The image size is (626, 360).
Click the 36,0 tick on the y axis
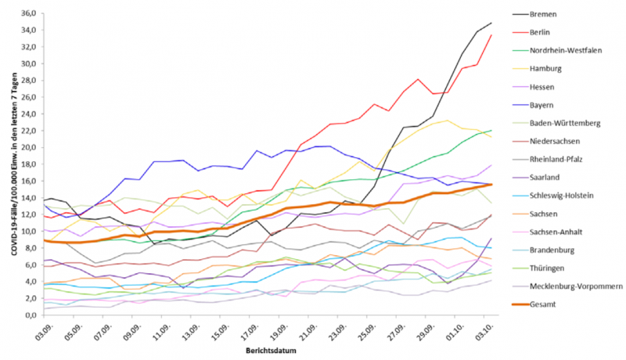click(31, 13)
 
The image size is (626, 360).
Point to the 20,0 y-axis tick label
click(31, 147)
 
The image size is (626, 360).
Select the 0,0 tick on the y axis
click(32, 315)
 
